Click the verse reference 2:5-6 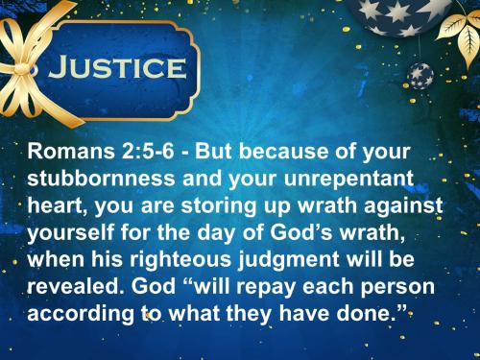pos(138,153)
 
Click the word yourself pos(76,229)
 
